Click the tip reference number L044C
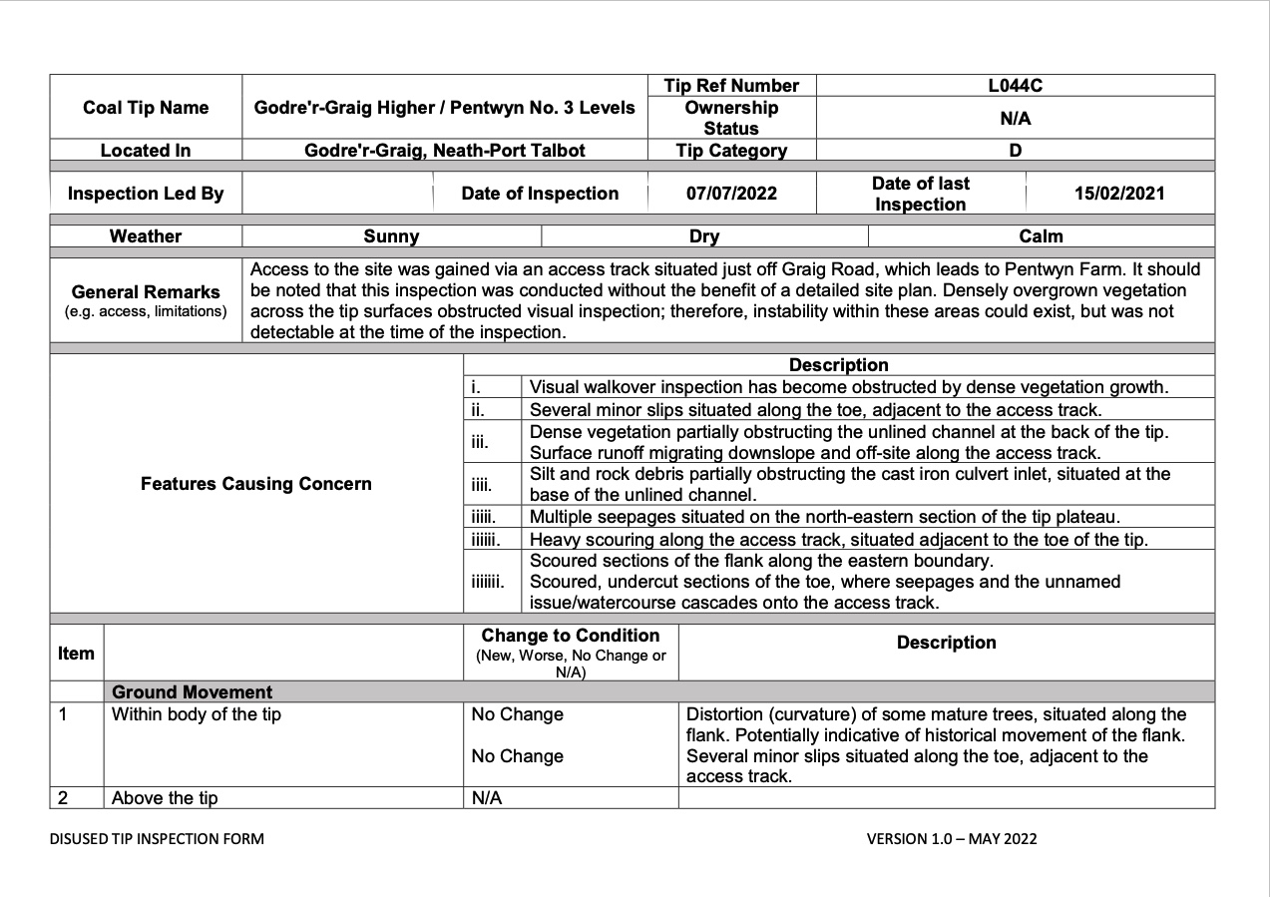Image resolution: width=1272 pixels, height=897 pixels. coord(1015,86)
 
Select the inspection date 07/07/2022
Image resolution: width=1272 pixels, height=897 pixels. coord(731,194)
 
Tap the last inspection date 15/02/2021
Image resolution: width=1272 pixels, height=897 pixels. coord(1119,194)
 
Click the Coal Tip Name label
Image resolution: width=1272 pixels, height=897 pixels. coord(146,108)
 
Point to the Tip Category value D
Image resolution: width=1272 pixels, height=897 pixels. coord(1015,151)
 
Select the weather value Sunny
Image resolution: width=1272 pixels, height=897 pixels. coord(391,236)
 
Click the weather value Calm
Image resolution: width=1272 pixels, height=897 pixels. coord(1041,236)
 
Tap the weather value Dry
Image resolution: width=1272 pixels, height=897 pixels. coord(703,236)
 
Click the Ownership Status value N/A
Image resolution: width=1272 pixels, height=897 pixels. coord(1015,119)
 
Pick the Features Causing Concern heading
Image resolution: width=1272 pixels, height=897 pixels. coord(256,484)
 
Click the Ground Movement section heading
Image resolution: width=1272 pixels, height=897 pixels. coord(192,692)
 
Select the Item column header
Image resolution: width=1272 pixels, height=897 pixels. coord(76,654)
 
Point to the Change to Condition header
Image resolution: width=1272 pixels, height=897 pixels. coord(570,637)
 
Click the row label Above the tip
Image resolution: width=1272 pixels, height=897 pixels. coord(165,798)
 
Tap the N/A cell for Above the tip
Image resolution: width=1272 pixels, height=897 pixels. coord(487,798)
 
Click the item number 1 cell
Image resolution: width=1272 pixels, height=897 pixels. coord(63,714)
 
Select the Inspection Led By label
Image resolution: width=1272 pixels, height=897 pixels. coord(146,194)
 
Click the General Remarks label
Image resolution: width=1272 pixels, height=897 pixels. coord(146,292)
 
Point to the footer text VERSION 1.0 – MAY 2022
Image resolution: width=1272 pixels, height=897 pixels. coord(951,839)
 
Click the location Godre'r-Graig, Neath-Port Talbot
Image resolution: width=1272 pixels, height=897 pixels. coord(444,151)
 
